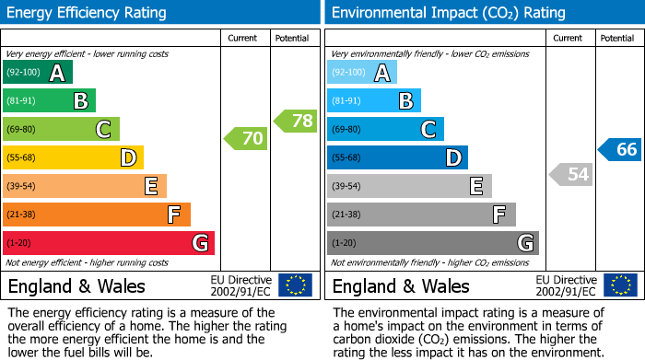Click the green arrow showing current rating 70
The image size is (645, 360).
(x=246, y=139)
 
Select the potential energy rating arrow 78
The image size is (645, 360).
(x=296, y=121)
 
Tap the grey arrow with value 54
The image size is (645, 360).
(x=570, y=174)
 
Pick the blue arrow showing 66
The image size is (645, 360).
(x=620, y=150)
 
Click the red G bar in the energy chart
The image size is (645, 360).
(x=109, y=243)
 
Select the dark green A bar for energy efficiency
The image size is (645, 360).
(x=38, y=73)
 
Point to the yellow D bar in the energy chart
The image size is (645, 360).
(x=74, y=157)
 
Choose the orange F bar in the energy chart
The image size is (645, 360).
(x=97, y=215)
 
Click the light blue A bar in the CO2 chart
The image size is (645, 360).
(x=362, y=73)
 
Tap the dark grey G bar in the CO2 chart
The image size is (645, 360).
(x=433, y=243)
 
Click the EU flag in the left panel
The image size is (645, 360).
(x=295, y=285)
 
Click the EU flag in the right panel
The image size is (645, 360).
(x=619, y=285)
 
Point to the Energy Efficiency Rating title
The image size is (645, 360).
(x=88, y=13)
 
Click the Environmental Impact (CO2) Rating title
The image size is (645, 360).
(x=448, y=13)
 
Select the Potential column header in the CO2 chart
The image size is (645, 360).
(x=617, y=39)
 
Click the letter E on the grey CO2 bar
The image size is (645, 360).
(x=475, y=186)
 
